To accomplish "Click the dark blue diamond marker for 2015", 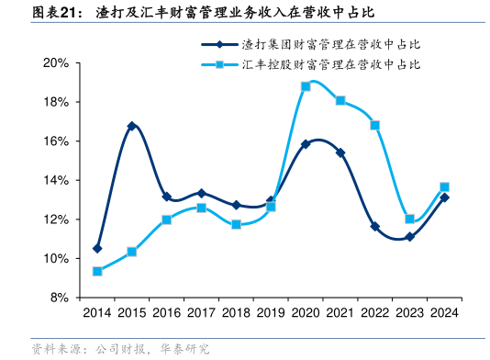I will coord(132,126).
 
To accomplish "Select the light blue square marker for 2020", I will coord(306,86).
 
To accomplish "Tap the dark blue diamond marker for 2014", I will coord(97,249).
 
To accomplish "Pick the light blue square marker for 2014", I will coord(97,271).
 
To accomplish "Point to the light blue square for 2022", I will coord(375,125).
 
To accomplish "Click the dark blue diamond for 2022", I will coord(375,226).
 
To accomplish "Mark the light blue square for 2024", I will coord(445,187).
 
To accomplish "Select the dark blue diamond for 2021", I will coord(340,152).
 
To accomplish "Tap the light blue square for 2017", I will coord(202,208).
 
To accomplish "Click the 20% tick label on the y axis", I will coord(56,63).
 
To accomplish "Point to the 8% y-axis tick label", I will coord(60,298).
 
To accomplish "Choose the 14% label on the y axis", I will coord(56,181).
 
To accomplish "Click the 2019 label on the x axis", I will coord(271,314).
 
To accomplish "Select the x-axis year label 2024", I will coord(445,314).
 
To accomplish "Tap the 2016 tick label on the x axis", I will coord(167,314).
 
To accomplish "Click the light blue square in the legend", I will coord(220,65).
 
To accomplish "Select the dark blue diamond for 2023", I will coord(410,237).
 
